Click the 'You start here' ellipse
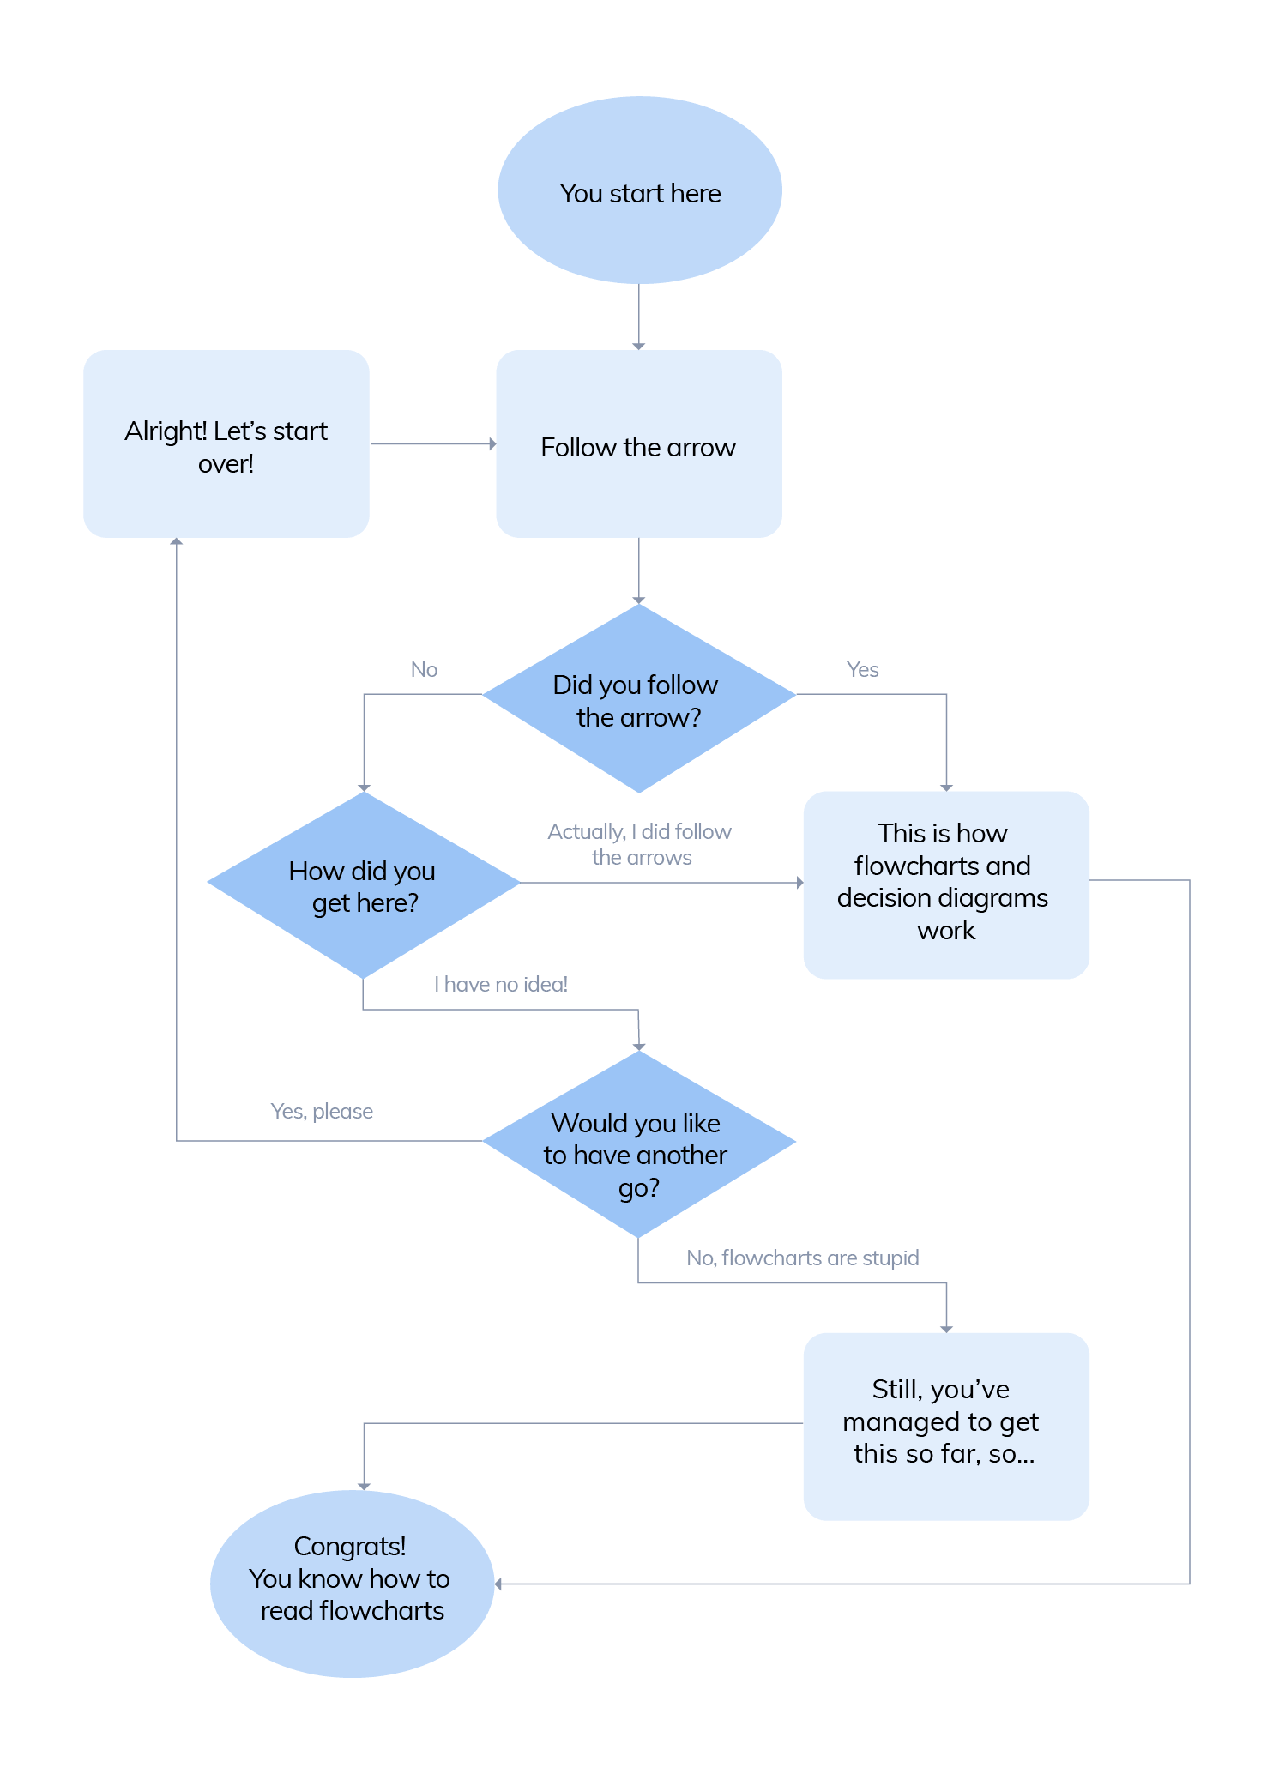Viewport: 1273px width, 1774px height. click(639, 190)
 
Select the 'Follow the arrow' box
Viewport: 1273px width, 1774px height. click(639, 444)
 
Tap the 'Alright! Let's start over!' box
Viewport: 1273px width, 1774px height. click(226, 444)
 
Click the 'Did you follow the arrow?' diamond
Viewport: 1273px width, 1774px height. click(639, 698)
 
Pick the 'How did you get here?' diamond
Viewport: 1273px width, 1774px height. click(364, 885)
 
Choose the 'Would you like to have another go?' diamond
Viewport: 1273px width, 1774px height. click(639, 1144)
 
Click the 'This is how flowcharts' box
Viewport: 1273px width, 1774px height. click(945, 884)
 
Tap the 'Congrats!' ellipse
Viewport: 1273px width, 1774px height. click(352, 1584)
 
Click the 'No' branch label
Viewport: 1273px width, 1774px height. click(424, 670)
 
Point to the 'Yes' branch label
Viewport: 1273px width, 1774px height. click(862, 670)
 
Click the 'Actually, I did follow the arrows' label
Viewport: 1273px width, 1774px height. click(640, 844)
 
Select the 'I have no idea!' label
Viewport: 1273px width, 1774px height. click(501, 985)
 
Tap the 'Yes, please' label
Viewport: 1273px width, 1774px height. click(322, 1112)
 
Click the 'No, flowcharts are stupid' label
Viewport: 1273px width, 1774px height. click(802, 1258)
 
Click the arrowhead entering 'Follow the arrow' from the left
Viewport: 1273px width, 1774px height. click(492, 444)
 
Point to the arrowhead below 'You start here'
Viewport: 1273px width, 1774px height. click(639, 346)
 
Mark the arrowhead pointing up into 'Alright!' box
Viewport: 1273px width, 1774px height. click(177, 541)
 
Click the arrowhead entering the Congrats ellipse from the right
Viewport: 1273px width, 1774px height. click(498, 1584)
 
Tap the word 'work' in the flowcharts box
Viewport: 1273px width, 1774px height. click(946, 931)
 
